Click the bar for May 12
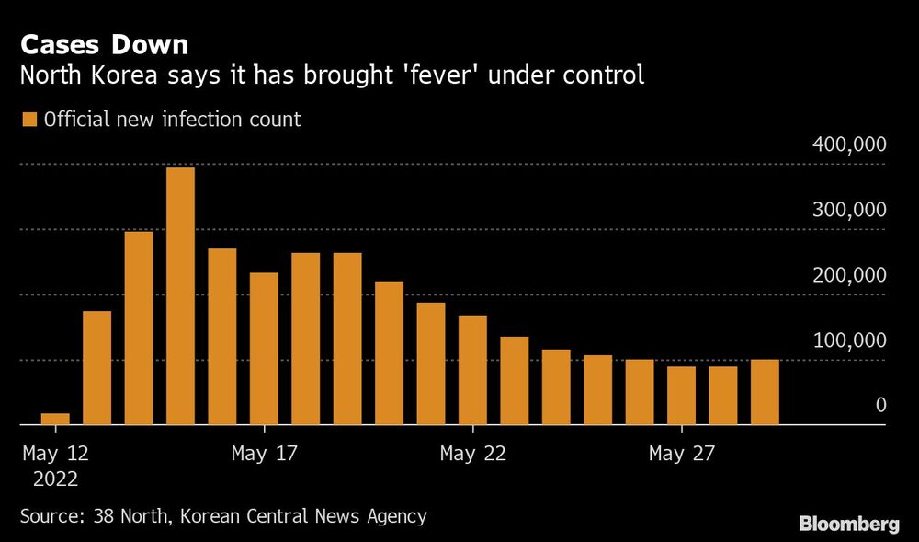(55, 419)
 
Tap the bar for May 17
(264, 349)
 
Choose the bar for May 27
(681, 396)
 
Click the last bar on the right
(765, 392)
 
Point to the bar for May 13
(97, 368)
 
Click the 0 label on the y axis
(880, 405)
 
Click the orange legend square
(28, 120)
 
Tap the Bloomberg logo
(849, 524)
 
